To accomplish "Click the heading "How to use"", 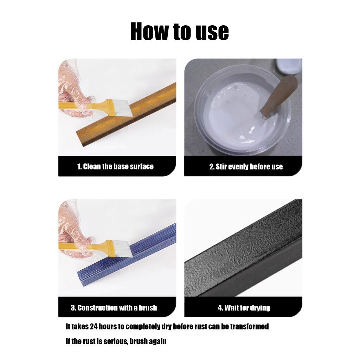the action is (x=180, y=31).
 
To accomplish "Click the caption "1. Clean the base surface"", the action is (x=115, y=166).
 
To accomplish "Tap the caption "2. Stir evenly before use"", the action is (x=246, y=167).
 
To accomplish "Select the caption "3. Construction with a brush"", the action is (x=114, y=308).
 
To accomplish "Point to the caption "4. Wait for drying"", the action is (x=244, y=308).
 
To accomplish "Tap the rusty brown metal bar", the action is (x=126, y=115).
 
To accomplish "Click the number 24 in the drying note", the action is (x=94, y=327).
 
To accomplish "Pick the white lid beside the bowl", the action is (x=289, y=66).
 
